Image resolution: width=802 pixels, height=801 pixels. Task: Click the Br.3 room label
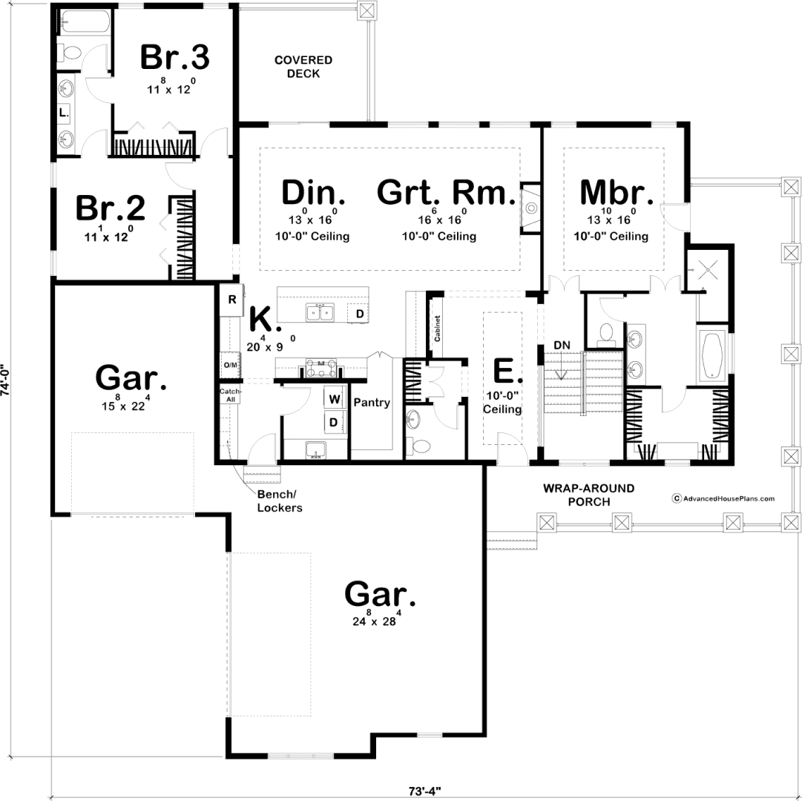(175, 57)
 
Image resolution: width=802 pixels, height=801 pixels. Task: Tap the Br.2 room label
(111, 208)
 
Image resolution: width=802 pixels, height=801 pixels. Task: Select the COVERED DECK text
(303, 67)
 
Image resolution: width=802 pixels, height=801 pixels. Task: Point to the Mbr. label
(617, 192)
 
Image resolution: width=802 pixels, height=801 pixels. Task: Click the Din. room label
(313, 192)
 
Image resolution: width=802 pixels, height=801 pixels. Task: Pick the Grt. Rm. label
(446, 192)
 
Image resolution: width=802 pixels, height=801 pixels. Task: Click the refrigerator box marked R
(231, 300)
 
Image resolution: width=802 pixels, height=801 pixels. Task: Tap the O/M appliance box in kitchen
(231, 365)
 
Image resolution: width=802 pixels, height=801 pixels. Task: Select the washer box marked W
(335, 399)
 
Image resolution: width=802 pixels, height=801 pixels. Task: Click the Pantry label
(372, 403)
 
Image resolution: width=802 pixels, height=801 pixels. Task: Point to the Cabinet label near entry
(437, 328)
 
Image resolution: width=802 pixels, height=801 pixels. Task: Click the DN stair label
(562, 345)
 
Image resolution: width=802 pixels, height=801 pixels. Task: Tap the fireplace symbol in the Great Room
(531, 208)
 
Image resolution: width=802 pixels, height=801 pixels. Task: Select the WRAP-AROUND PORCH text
(589, 495)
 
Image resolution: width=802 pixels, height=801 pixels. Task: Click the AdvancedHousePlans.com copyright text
(723, 498)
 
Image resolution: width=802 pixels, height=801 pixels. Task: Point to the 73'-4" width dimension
(424, 791)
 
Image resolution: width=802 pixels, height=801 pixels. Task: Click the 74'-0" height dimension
(5, 380)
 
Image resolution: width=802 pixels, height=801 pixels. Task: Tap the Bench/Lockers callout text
(279, 501)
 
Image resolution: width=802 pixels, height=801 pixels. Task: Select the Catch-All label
(230, 395)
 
